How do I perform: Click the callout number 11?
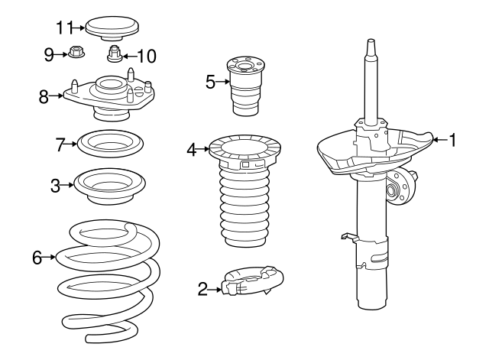click(x=64, y=28)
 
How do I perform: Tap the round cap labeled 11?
click(x=112, y=29)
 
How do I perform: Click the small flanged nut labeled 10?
click(x=114, y=54)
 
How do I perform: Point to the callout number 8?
click(x=44, y=96)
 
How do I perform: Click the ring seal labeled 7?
click(x=110, y=144)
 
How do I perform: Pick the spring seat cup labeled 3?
click(x=110, y=186)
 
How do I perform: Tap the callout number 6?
click(x=37, y=258)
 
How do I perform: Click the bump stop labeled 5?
click(x=246, y=86)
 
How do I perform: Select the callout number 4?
click(x=192, y=150)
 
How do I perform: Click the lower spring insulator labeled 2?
click(x=252, y=280)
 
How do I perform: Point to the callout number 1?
click(x=452, y=140)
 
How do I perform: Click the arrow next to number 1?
click(x=440, y=140)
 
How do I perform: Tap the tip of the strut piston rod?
click(x=371, y=40)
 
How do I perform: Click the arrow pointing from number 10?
click(x=130, y=57)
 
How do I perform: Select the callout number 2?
click(x=202, y=289)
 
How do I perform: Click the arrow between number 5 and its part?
click(x=222, y=82)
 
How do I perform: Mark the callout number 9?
click(x=49, y=55)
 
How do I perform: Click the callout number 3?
click(x=55, y=186)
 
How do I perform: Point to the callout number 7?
click(x=60, y=144)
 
